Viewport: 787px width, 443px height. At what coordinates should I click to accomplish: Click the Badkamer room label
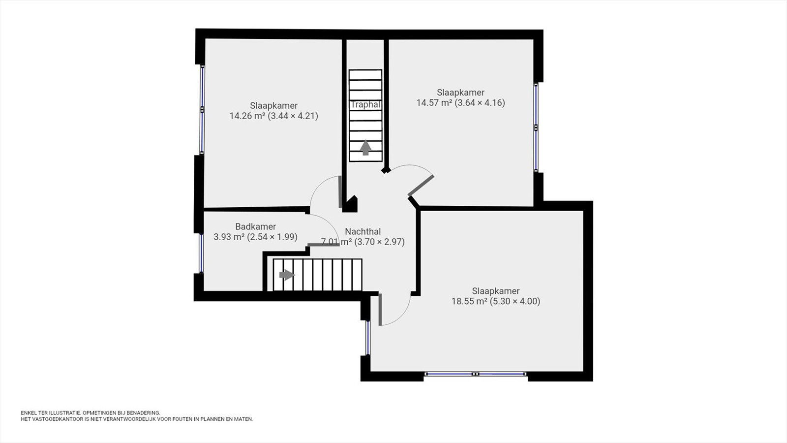[255, 226]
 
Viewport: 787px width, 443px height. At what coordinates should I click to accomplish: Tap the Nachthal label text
[363, 231]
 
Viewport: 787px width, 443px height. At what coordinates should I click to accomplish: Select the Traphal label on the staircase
[366, 104]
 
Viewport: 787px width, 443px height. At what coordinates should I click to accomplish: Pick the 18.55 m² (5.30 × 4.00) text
[496, 301]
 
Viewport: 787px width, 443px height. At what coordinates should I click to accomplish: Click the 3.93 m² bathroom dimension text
[255, 237]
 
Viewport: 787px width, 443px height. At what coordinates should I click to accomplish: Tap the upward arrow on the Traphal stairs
[366, 148]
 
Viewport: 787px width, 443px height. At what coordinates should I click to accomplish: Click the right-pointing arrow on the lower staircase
[287, 275]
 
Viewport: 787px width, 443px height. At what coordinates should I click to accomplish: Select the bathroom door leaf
[324, 244]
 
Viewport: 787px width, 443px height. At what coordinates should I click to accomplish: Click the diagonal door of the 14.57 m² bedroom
[421, 185]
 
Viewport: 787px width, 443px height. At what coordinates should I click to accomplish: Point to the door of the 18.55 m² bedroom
[380, 310]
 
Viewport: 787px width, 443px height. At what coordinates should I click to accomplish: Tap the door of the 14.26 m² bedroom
[340, 191]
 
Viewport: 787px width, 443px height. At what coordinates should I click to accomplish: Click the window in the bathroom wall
[201, 253]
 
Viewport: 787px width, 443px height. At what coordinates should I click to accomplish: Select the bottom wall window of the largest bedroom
[475, 374]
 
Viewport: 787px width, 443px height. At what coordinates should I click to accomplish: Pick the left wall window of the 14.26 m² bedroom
[202, 109]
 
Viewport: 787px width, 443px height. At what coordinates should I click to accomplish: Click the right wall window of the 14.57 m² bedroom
[536, 127]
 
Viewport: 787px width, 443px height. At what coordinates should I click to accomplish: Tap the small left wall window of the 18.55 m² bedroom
[368, 338]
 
